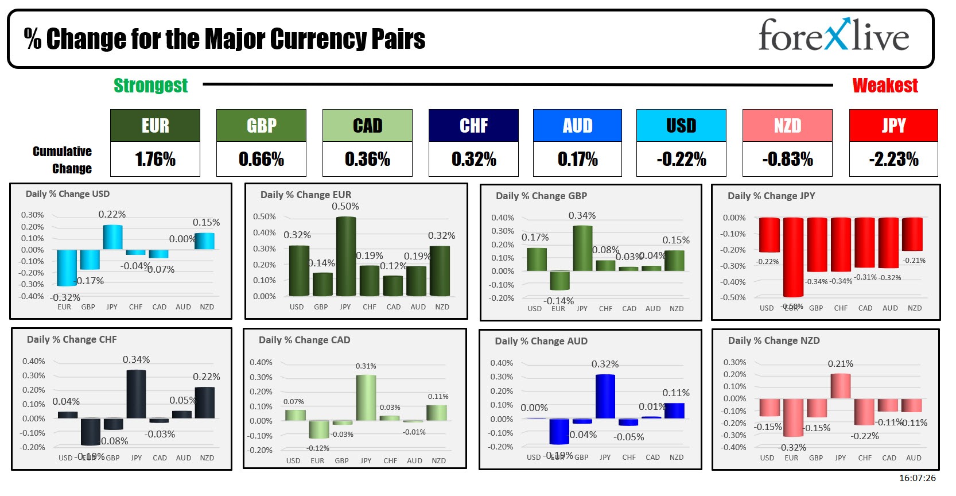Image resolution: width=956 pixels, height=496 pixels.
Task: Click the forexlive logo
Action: click(x=833, y=36)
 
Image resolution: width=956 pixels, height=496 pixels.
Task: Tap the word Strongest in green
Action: click(x=150, y=86)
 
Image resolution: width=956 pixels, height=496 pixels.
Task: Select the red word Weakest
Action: click(x=885, y=86)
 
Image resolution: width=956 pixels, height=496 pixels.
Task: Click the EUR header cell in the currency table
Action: click(x=155, y=126)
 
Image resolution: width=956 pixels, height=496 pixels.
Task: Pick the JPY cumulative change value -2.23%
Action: click(x=893, y=159)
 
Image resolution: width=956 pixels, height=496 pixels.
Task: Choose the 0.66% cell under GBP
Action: click(x=261, y=159)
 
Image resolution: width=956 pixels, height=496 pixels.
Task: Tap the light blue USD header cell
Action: click(x=681, y=126)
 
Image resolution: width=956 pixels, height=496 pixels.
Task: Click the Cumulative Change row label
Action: click(x=62, y=160)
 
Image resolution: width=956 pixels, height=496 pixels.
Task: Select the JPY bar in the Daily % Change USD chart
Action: click(x=112, y=237)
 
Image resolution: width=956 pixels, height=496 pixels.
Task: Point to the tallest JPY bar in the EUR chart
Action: click(x=345, y=256)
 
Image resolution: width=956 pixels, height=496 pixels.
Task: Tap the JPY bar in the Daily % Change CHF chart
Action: click(x=136, y=394)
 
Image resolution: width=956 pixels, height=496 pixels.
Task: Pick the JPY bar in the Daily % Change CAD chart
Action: click(x=366, y=398)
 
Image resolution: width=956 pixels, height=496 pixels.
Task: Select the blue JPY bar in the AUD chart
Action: click(x=605, y=396)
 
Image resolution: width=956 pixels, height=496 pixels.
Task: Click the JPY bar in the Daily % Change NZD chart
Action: click(x=841, y=386)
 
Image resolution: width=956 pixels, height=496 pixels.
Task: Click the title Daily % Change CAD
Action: click(x=304, y=340)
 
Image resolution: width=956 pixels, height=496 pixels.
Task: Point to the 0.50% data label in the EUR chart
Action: click(x=345, y=207)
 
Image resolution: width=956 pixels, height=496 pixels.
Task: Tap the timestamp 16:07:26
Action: click(x=917, y=478)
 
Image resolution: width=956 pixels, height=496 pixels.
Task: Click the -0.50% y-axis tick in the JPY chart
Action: click(x=734, y=297)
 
